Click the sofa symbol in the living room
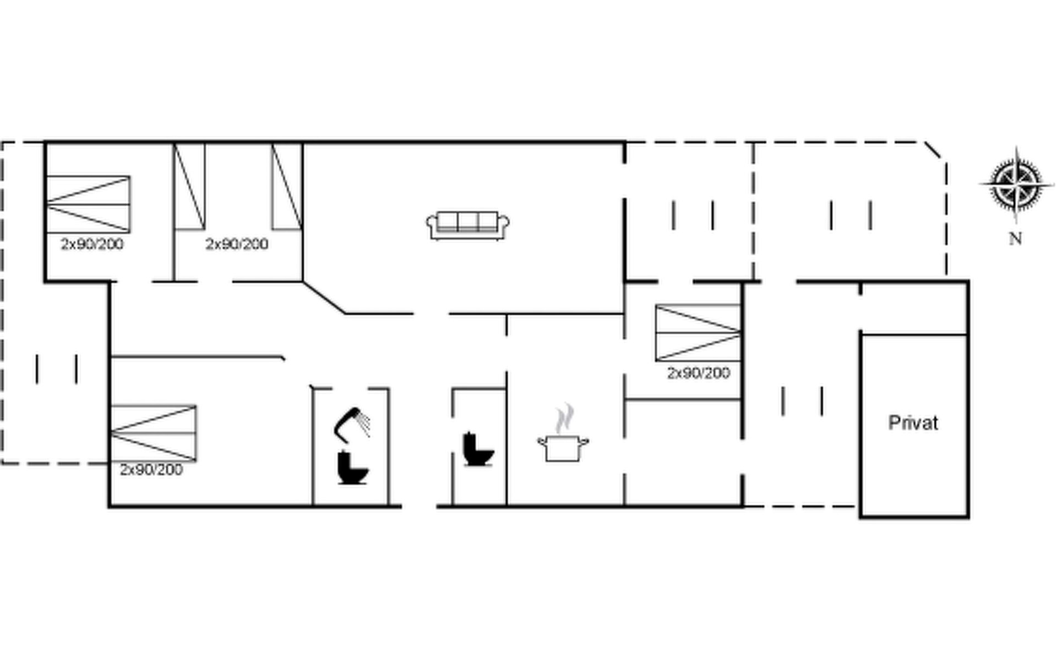click(467, 226)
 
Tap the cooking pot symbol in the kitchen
click(563, 447)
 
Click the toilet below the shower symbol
click(352, 468)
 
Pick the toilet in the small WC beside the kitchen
click(478, 449)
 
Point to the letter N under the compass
click(1016, 239)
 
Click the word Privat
click(913, 422)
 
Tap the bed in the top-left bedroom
click(88, 204)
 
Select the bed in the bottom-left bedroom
click(154, 433)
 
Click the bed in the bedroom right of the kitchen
click(698, 332)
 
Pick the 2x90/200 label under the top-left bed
click(92, 244)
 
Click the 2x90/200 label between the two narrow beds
click(237, 244)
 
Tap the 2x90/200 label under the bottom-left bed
click(151, 470)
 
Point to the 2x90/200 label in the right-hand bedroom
click(699, 373)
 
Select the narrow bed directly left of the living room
click(287, 186)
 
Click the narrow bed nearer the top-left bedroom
click(189, 186)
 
